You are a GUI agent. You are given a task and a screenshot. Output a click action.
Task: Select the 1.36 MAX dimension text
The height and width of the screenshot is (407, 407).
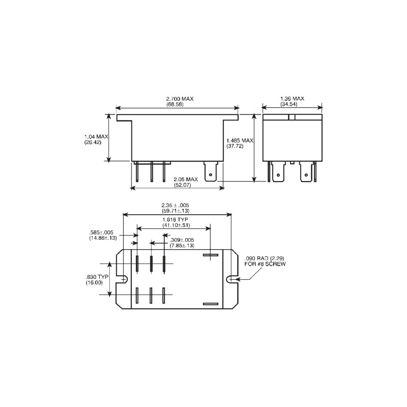click(x=292, y=98)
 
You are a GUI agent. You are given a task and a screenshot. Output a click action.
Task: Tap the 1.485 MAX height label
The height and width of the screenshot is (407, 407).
click(x=240, y=140)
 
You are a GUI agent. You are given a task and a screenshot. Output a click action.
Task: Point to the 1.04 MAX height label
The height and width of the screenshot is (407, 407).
click(x=96, y=136)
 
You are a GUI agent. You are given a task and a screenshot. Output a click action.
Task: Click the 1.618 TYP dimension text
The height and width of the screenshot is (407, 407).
click(x=176, y=219)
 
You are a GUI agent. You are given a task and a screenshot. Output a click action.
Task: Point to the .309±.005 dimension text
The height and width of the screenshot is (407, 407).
click(x=182, y=240)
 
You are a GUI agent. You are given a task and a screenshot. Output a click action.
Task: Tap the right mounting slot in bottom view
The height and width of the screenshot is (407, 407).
click(x=231, y=278)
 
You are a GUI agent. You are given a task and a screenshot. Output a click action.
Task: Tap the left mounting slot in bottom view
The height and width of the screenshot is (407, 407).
click(x=123, y=278)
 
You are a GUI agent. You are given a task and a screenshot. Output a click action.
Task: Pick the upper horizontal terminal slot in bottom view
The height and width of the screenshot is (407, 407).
click(x=210, y=255)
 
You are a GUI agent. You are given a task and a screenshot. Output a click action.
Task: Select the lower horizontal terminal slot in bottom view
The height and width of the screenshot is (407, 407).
click(x=210, y=304)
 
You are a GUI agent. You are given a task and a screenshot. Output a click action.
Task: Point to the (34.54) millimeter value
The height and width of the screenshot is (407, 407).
click(x=292, y=104)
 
